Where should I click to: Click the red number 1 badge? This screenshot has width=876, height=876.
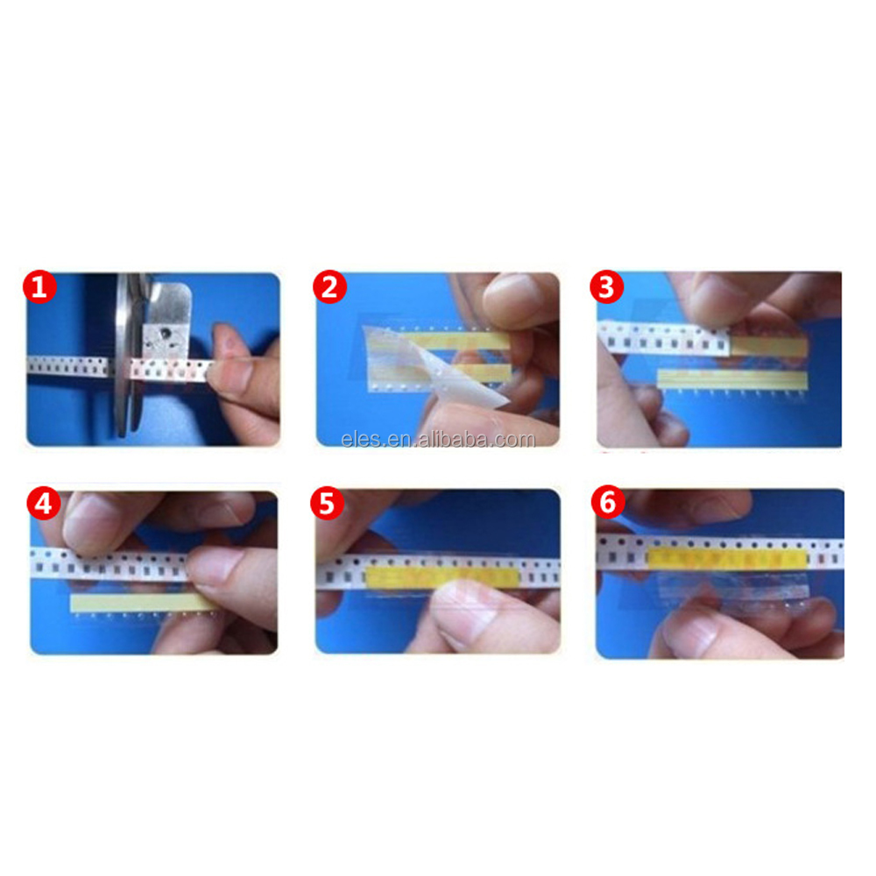39,287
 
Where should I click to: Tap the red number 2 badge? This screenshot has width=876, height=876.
329,287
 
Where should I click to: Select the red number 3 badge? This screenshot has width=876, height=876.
607,287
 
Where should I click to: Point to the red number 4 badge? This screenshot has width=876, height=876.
43,504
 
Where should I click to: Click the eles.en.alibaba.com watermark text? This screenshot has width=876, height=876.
438,439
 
